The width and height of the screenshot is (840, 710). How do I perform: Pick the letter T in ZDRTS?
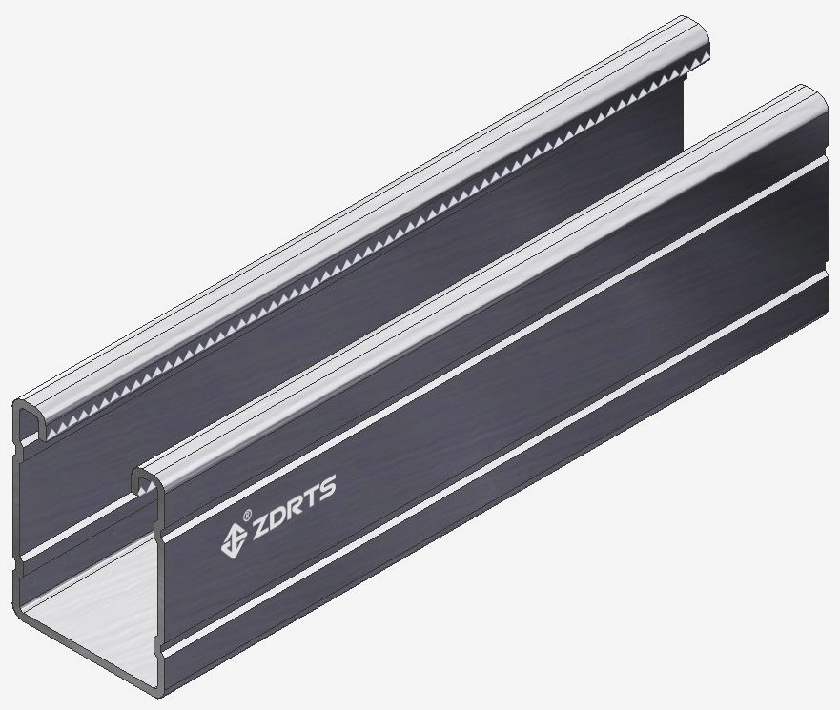coord(315,497)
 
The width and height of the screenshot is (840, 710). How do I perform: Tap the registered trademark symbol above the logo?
coord(247,516)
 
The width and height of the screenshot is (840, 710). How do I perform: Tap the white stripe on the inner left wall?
coord(76,541)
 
